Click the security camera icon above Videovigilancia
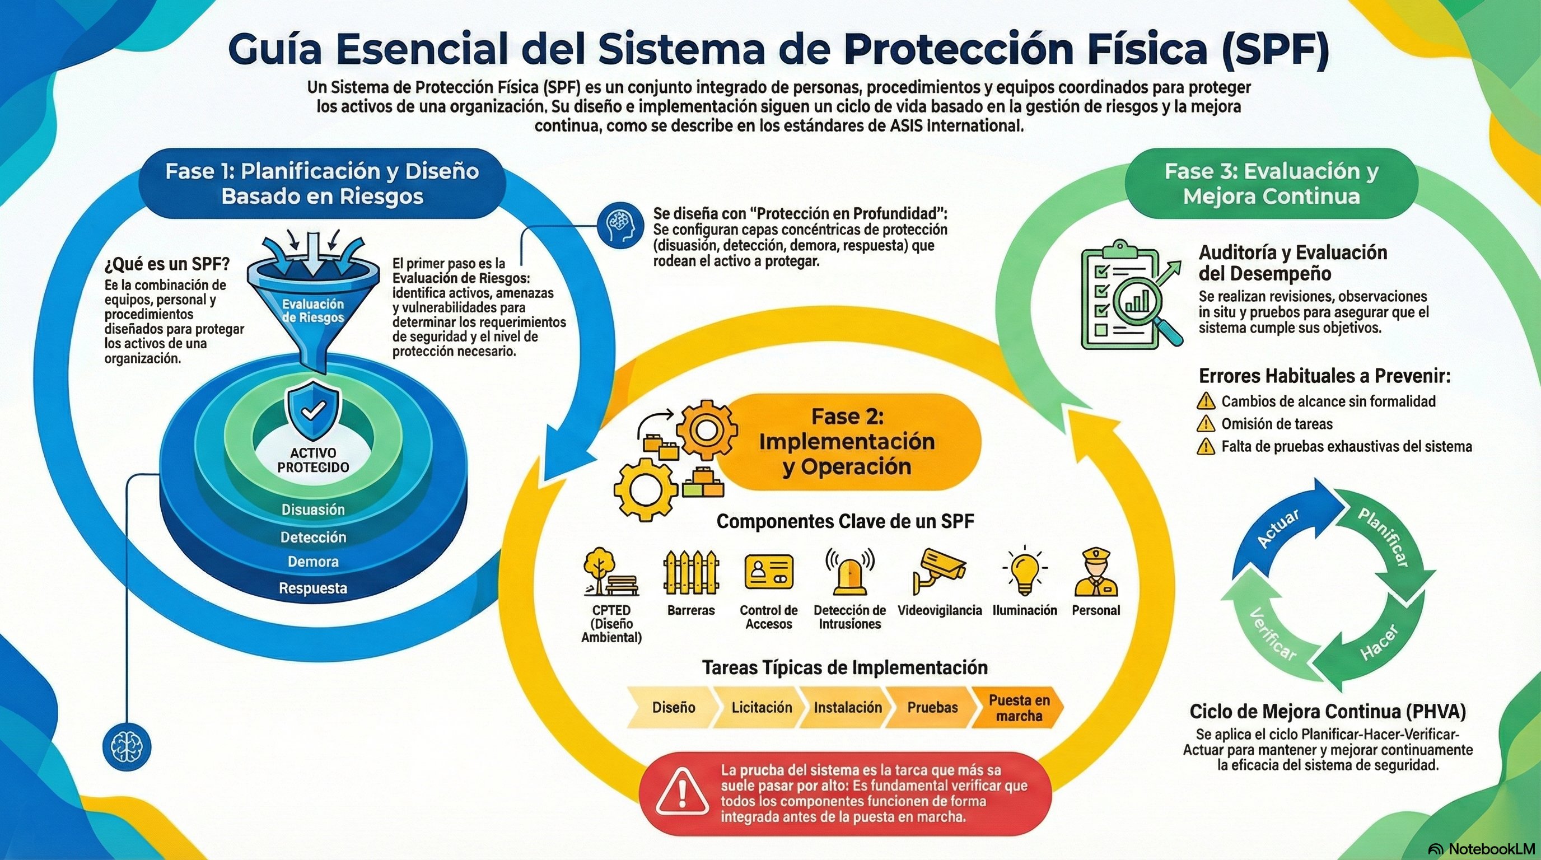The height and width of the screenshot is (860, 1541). (x=938, y=571)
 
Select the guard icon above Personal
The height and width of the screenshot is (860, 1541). (x=1095, y=572)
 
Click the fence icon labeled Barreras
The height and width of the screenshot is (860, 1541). (x=691, y=572)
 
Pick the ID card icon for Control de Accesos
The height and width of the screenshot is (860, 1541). (x=769, y=572)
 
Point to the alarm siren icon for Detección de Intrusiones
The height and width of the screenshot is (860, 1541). (x=849, y=572)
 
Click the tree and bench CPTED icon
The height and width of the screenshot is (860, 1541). (x=610, y=572)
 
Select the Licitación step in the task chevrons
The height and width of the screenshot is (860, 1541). (x=761, y=708)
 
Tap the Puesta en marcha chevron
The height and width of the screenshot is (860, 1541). (x=1018, y=708)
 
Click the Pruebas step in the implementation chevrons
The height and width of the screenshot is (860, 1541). (x=932, y=708)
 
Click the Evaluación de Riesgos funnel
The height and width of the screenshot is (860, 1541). (x=313, y=299)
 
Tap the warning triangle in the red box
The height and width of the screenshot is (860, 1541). (x=681, y=793)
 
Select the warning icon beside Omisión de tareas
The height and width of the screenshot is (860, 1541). (x=1206, y=424)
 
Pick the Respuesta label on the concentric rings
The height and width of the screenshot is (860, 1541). (x=313, y=588)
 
